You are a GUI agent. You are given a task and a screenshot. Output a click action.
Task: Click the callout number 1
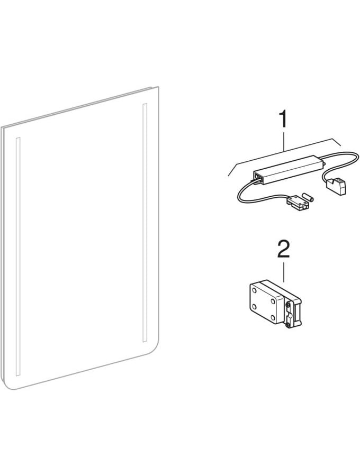pyautogui.click(x=283, y=120)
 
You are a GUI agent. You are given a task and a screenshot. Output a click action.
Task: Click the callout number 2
pyautogui.click(x=283, y=250)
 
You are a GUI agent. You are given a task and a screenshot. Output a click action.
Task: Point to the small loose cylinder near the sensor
pyautogui.click(x=308, y=197)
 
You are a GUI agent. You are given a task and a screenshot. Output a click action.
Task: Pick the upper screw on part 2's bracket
pyautogui.click(x=287, y=305)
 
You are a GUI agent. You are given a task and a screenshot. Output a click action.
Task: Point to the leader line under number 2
pyautogui.click(x=283, y=272)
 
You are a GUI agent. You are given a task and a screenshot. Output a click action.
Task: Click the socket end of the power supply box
pyautogui.click(x=258, y=178)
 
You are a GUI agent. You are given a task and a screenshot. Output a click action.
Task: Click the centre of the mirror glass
pyautogui.click(x=80, y=240)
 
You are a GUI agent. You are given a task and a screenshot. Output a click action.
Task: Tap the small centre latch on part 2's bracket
pyautogui.click(x=291, y=316)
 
